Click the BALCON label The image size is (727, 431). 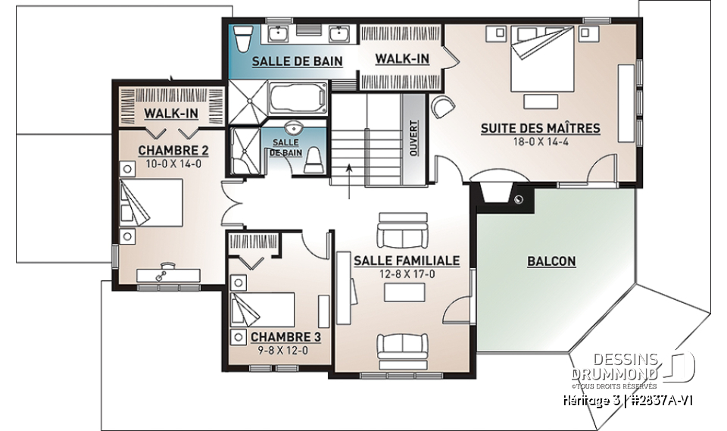[551, 261]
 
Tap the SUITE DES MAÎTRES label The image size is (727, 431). [540, 128]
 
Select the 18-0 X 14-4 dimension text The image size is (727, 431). [540, 142]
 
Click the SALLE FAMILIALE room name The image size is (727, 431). [406, 261]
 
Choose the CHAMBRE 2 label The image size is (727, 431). [173, 150]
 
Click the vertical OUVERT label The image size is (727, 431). [413, 137]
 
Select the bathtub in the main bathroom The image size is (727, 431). [297, 98]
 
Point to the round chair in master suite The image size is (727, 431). [442, 108]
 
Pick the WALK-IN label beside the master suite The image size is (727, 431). [402, 59]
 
